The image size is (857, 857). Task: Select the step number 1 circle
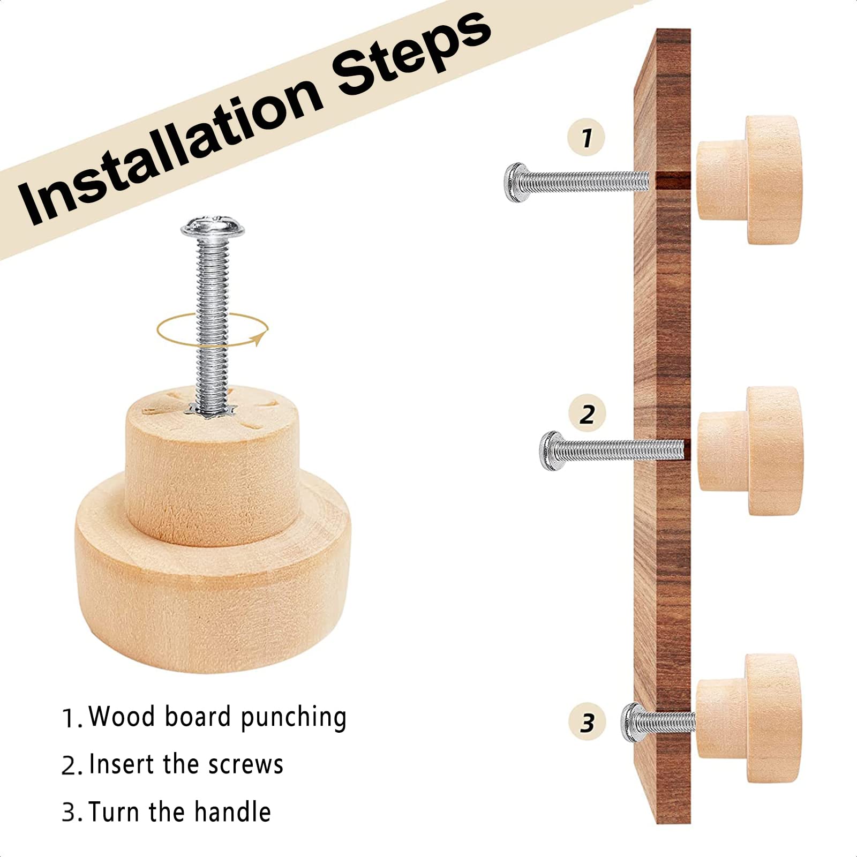(587, 137)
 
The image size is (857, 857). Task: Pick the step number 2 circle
(587, 414)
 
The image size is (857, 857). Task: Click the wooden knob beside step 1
(749, 180)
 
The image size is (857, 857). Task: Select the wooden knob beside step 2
(750, 450)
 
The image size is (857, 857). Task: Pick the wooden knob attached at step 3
(748, 718)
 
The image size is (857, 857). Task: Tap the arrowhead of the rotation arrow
(260, 339)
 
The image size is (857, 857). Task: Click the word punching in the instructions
(294, 718)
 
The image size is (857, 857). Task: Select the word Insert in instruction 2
(123, 764)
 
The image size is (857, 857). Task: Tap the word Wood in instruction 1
(122, 716)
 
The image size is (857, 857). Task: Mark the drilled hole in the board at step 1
(670, 181)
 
